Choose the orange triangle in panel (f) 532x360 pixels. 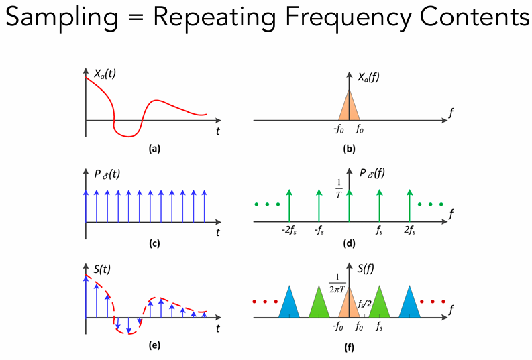349,303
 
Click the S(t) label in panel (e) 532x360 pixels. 103,271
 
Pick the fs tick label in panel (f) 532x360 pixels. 379,328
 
